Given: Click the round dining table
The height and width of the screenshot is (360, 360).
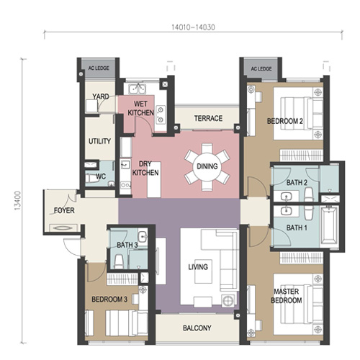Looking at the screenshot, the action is coord(207,166).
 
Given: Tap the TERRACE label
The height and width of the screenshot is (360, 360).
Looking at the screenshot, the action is coord(208,118).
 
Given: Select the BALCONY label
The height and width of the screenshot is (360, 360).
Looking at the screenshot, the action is coord(197,328).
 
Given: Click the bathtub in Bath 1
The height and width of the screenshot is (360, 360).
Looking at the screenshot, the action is coord(330,225).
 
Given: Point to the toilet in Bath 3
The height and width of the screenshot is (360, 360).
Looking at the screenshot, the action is coord(118,261).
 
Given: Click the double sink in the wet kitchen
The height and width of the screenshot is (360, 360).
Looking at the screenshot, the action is coord(137,89).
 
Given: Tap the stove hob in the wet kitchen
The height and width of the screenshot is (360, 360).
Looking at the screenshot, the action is coord(161,114).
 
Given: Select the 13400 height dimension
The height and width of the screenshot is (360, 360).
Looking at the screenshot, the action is coord(18,201).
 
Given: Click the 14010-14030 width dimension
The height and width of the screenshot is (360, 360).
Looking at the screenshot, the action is coord(193,27).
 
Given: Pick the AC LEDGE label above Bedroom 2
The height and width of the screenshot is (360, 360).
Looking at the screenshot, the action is coord(261,69).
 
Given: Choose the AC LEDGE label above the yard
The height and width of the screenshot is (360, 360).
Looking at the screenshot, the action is coord(99,68).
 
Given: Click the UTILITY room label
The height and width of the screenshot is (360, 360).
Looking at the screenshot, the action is coord(99,141).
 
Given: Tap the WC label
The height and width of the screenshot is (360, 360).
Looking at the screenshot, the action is coord(101,176).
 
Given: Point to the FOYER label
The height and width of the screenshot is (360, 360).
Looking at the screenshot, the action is coord(64,210).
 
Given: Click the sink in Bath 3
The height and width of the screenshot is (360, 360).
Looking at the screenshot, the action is coord(143,236).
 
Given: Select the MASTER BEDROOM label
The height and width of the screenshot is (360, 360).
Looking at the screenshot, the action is coord(287,296).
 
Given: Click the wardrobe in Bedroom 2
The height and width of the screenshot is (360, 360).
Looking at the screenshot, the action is coord(302,155).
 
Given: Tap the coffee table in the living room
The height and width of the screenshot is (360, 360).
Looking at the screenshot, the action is coord(203,271).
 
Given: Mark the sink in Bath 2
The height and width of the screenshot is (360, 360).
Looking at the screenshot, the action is coord(287,197).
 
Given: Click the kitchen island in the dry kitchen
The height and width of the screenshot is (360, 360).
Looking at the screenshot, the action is coord(154,179).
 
